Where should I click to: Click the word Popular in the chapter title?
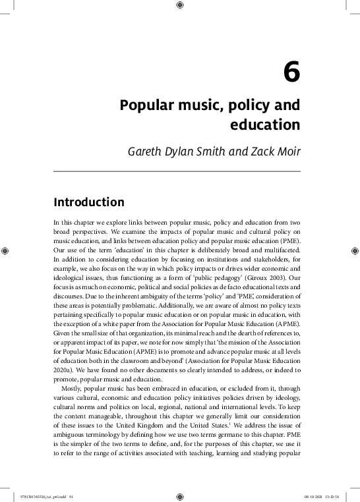[144, 105]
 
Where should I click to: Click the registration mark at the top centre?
[180, 6]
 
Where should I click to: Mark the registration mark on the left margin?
[6, 251]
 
